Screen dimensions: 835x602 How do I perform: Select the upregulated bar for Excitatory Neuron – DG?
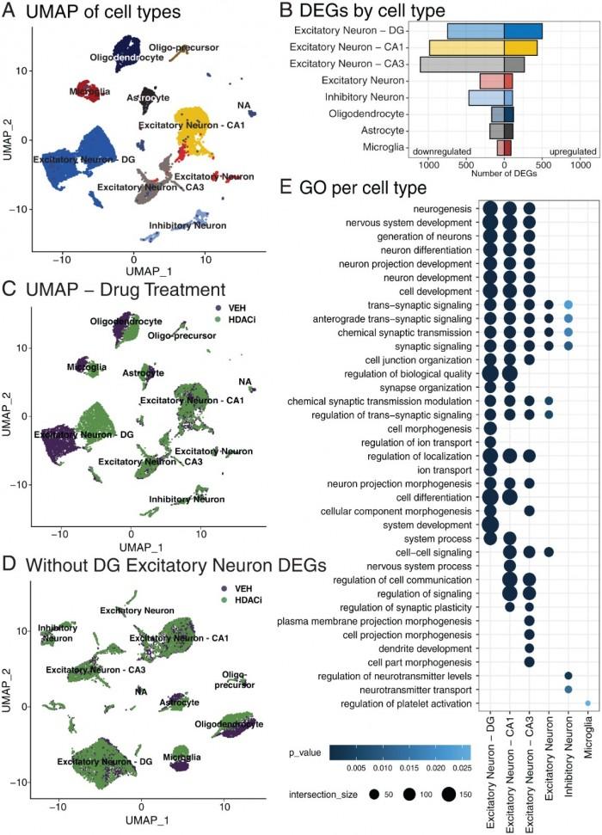[523, 31]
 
